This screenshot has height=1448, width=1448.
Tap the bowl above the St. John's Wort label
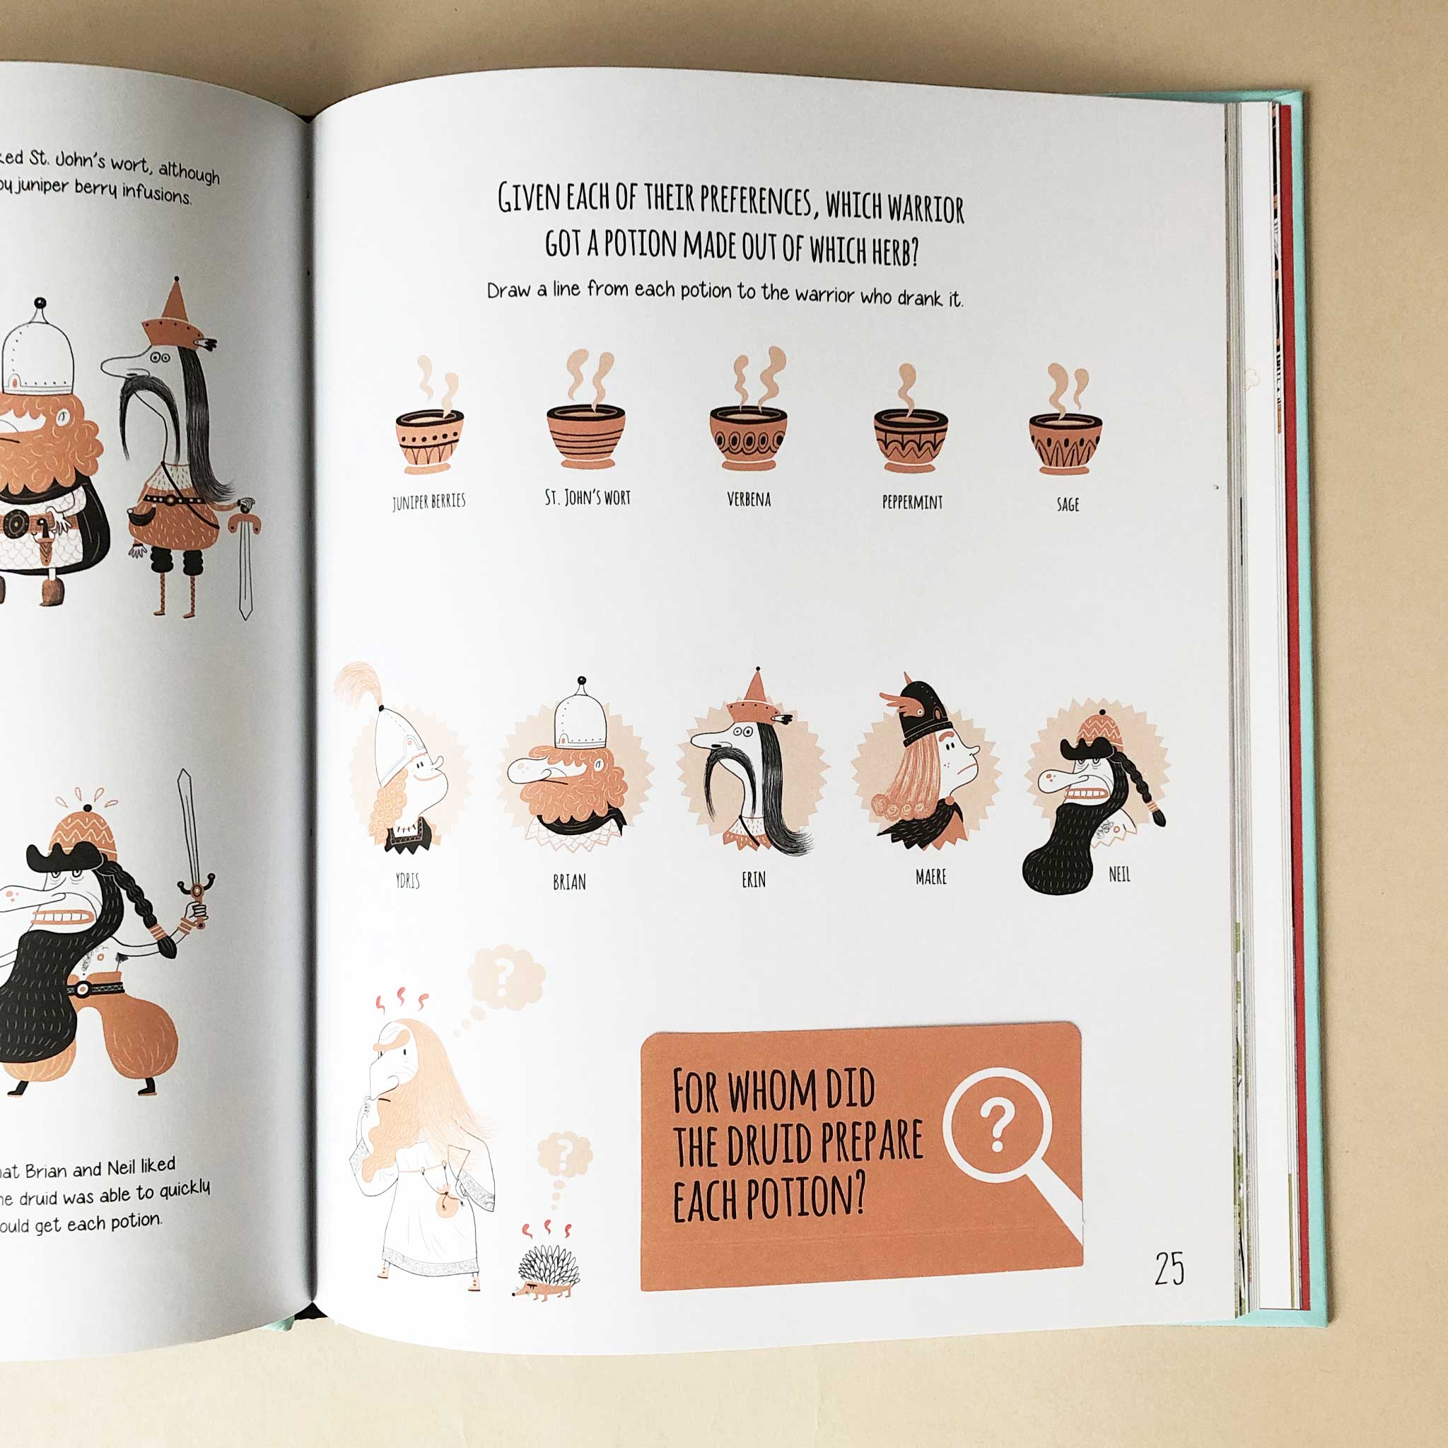(585, 436)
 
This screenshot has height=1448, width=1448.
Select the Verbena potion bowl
(748, 438)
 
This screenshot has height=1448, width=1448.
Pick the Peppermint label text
(912, 502)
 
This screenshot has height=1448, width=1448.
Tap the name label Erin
(753, 880)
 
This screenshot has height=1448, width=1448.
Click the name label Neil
(1119, 874)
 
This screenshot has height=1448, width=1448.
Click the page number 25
(1169, 1269)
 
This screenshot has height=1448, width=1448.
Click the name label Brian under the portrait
(569, 882)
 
